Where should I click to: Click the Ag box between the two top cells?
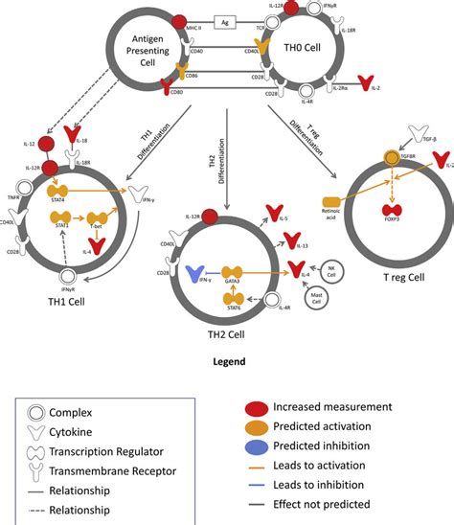227,20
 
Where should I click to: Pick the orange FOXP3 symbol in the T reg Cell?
392,210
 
